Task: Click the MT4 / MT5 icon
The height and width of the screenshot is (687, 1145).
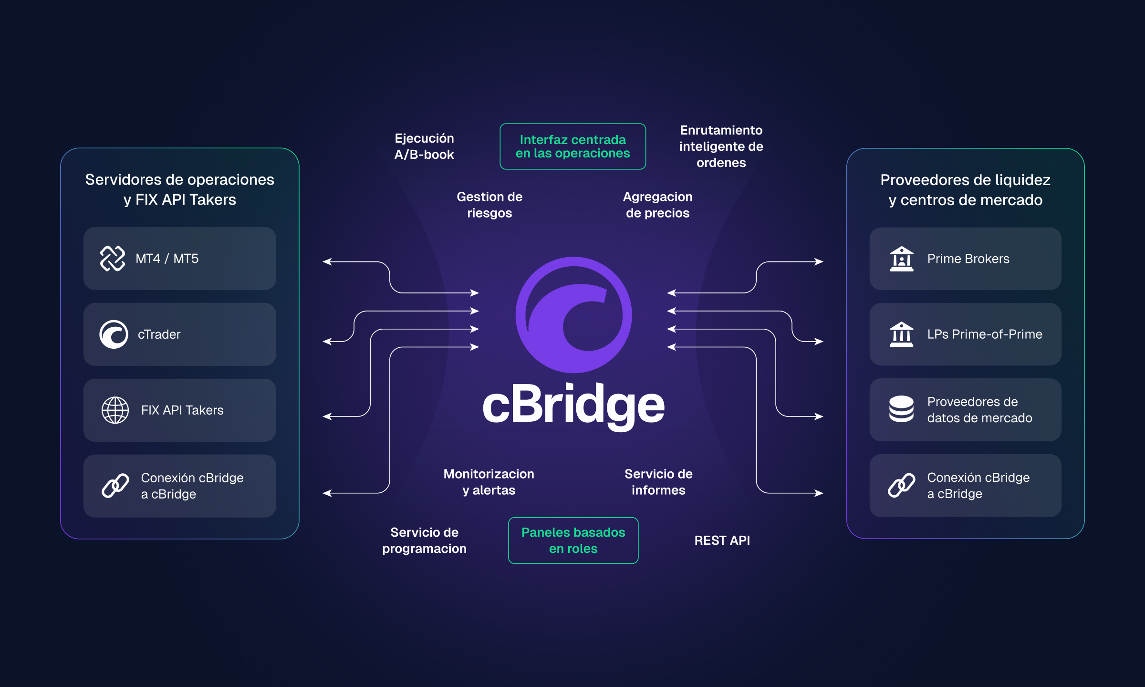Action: click(x=113, y=259)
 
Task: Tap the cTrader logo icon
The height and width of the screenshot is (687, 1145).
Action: click(x=114, y=334)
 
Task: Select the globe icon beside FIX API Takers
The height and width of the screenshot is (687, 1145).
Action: click(x=115, y=410)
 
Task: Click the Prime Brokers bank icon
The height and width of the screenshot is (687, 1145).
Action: click(x=901, y=259)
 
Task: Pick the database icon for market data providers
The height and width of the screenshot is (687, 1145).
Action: click(x=901, y=409)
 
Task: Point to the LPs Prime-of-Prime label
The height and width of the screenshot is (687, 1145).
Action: click(x=984, y=334)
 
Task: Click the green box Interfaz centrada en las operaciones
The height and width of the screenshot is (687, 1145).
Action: click(x=572, y=146)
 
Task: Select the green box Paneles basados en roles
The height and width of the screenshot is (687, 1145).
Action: click(x=573, y=541)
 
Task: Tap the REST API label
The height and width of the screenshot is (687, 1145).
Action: click(x=722, y=541)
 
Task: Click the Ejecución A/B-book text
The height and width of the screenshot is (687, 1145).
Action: click(x=424, y=146)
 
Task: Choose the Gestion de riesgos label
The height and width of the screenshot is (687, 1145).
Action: click(x=489, y=205)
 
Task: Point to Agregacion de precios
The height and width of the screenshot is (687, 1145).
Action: click(x=657, y=205)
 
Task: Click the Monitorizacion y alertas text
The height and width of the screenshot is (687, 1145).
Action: click(x=489, y=482)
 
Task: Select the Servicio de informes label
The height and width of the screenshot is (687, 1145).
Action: click(x=658, y=482)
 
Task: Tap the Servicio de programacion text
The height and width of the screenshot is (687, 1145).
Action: click(x=424, y=541)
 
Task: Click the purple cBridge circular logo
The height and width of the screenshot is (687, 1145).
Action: click(x=573, y=315)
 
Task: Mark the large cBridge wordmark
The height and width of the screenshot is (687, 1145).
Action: click(x=573, y=406)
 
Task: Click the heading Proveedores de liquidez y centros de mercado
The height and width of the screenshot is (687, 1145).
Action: click(x=965, y=190)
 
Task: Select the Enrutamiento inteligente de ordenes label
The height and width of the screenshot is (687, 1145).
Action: click(x=721, y=146)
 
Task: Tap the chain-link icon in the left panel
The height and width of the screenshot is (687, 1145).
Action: click(x=115, y=486)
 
